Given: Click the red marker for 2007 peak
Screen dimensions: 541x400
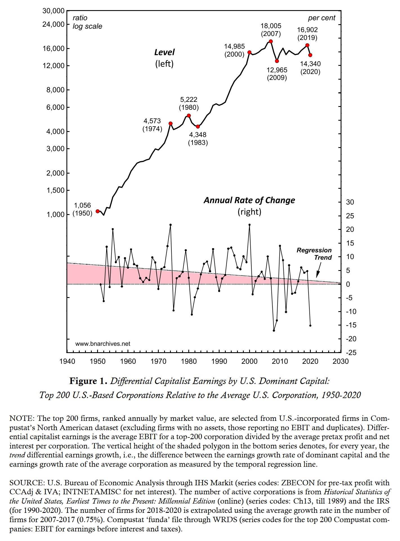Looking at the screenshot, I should point(271,41).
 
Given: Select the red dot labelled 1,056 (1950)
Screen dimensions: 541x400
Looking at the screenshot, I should point(98,211).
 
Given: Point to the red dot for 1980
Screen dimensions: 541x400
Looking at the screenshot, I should point(189,116).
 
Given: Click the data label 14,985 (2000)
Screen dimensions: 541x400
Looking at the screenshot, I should point(234,50).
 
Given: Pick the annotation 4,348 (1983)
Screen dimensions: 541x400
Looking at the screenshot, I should point(198,139).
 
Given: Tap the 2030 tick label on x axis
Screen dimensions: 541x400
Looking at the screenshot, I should point(340,361).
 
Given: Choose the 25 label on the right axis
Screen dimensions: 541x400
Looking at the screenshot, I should point(350,216).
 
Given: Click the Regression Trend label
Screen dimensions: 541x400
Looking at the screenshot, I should point(314,254).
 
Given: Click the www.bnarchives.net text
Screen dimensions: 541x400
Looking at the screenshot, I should point(103,344).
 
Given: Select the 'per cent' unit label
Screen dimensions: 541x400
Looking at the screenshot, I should point(321,18).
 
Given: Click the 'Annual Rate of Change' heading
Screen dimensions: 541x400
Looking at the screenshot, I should point(249,200).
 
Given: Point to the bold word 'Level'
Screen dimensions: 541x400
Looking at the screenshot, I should point(164,52).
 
